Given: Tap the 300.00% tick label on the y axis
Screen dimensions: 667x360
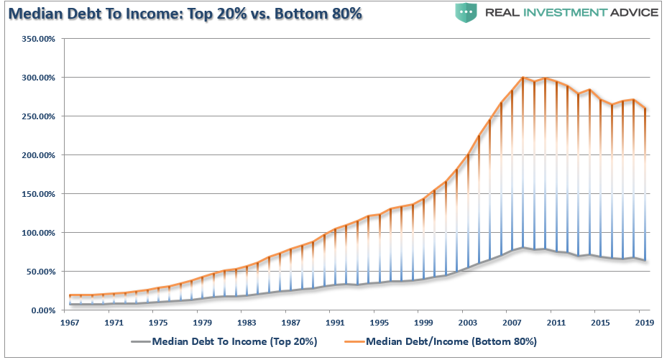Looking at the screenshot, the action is click(x=39, y=78).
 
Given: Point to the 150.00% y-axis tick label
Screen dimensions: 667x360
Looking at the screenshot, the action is click(x=39, y=194).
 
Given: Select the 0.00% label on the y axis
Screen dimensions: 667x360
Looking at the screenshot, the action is click(x=43, y=310).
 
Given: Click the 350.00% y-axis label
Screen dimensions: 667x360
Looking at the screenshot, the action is click(x=39, y=39).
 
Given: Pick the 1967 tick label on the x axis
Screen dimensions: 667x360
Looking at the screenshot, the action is click(x=69, y=323).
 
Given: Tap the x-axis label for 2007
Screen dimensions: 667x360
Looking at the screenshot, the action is click(x=512, y=323).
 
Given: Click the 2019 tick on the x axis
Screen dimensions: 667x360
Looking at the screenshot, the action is click(x=645, y=323).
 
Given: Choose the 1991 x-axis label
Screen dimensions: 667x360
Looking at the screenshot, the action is click(x=335, y=323).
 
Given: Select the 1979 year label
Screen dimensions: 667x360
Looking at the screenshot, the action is click(x=202, y=323).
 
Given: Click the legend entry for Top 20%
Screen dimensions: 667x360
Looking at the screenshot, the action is click(x=234, y=341).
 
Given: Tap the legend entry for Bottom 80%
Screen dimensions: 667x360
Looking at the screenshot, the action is click(x=451, y=341).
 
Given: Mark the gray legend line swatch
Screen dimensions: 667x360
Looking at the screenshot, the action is click(x=141, y=341).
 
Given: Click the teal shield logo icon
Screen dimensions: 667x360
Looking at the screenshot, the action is click(x=466, y=12).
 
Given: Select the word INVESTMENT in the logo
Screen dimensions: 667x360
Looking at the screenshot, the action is click(x=564, y=12).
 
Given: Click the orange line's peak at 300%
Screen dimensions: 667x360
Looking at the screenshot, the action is click(x=523, y=78).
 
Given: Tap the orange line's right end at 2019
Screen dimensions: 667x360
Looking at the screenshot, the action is click(x=645, y=109).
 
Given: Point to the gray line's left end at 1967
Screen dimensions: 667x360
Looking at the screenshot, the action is click(x=70, y=304).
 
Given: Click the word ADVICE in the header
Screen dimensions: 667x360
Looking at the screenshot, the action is click(x=634, y=12).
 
